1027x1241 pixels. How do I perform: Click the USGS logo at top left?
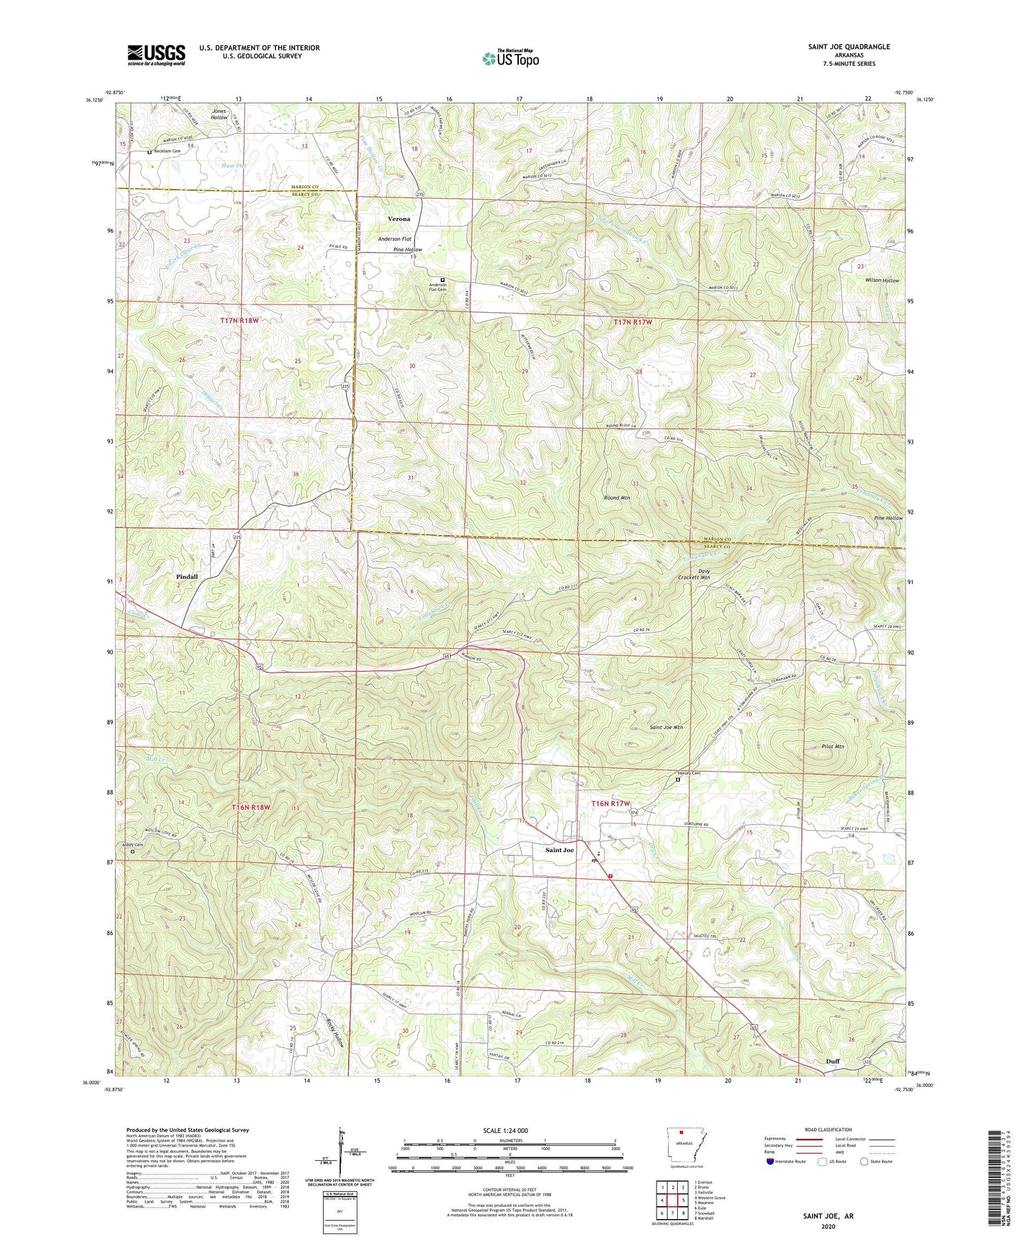click(x=156, y=55)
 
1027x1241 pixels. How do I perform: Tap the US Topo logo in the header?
click(x=510, y=58)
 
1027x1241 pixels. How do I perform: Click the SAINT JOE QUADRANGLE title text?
click(x=849, y=47)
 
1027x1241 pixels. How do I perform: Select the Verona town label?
click(x=398, y=219)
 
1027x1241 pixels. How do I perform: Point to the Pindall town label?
click(x=186, y=577)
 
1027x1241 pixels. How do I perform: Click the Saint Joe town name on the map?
click(x=559, y=850)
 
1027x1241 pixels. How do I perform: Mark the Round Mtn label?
click(x=616, y=498)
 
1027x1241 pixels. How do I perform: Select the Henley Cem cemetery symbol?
click(x=678, y=780)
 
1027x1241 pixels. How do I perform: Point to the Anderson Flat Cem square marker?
click(x=442, y=279)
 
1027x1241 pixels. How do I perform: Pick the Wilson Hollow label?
click(x=881, y=281)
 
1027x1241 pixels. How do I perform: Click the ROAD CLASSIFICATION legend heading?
click(x=828, y=1129)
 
